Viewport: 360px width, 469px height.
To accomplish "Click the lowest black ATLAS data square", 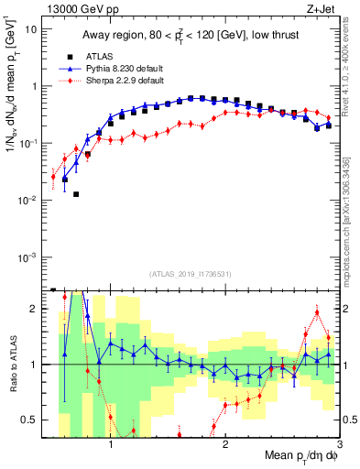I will click(76, 194).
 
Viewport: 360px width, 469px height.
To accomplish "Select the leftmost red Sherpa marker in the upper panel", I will click(53, 177).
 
